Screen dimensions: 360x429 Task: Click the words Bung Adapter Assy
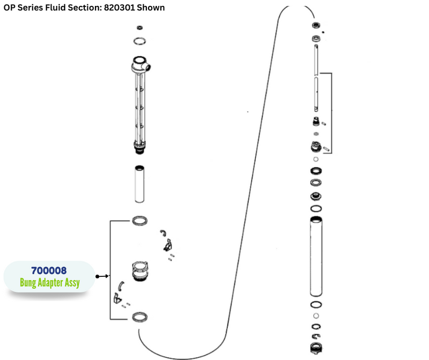pyautogui.click(x=49, y=283)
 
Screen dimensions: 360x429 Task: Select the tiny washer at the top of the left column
pyautogui.click(x=139, y=27)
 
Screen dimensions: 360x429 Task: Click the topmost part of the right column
pyautogui.click(x=316, y=26)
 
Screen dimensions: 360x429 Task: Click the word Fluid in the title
pyautogui.click(x=50, y=8)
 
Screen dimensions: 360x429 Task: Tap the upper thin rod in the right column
pyautogui.click(x=316, y=60)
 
